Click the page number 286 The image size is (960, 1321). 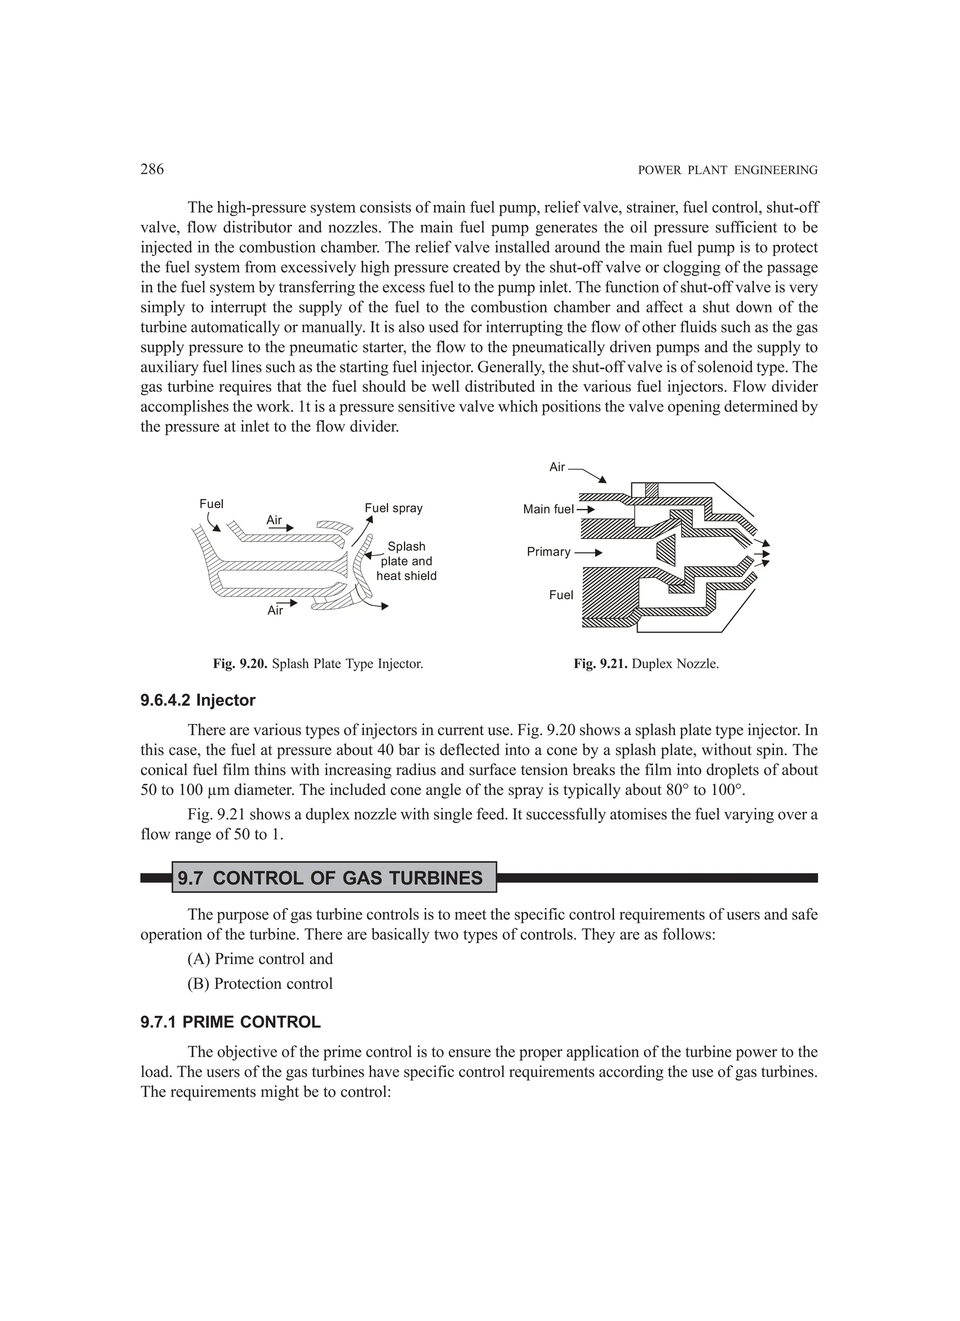pyautogui.click(x=152, y=170)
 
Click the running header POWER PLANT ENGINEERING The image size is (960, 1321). pyautogui.click(x=727, y=171)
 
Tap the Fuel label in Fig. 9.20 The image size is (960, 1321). pyautogui.click(x=211, y=504)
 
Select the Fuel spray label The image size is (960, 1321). pyautogui.click(x=393, y=508)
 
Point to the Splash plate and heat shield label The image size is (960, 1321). pyautogui.click(x=406, y=561)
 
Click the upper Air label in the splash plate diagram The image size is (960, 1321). pyautogui.click(x=274, y=519)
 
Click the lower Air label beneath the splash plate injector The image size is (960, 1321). pyautogui.click(x=275, y=610)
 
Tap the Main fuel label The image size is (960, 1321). pyautogui.click(x=548, y=509)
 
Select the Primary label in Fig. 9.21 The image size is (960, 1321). pyautogui.click(x=548, y=552)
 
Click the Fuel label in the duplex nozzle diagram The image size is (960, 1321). pyautogui.click(x=561, y=595)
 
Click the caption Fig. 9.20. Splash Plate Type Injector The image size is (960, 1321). pyautogui.click(x=317, y=663)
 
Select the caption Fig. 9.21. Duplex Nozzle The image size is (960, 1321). pyautogui.click(x=646, y=663)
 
